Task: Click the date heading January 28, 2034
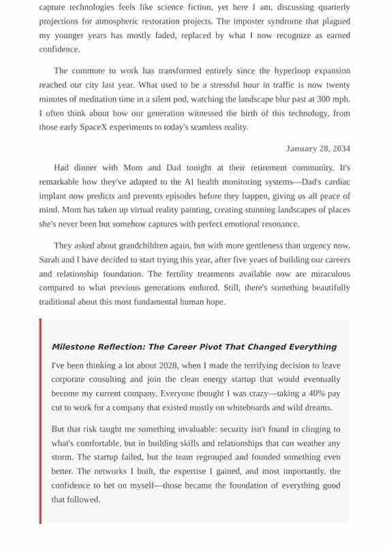[x=318, y=148]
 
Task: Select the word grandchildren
[x=149, y=245]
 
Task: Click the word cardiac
[x=334, y=182]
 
